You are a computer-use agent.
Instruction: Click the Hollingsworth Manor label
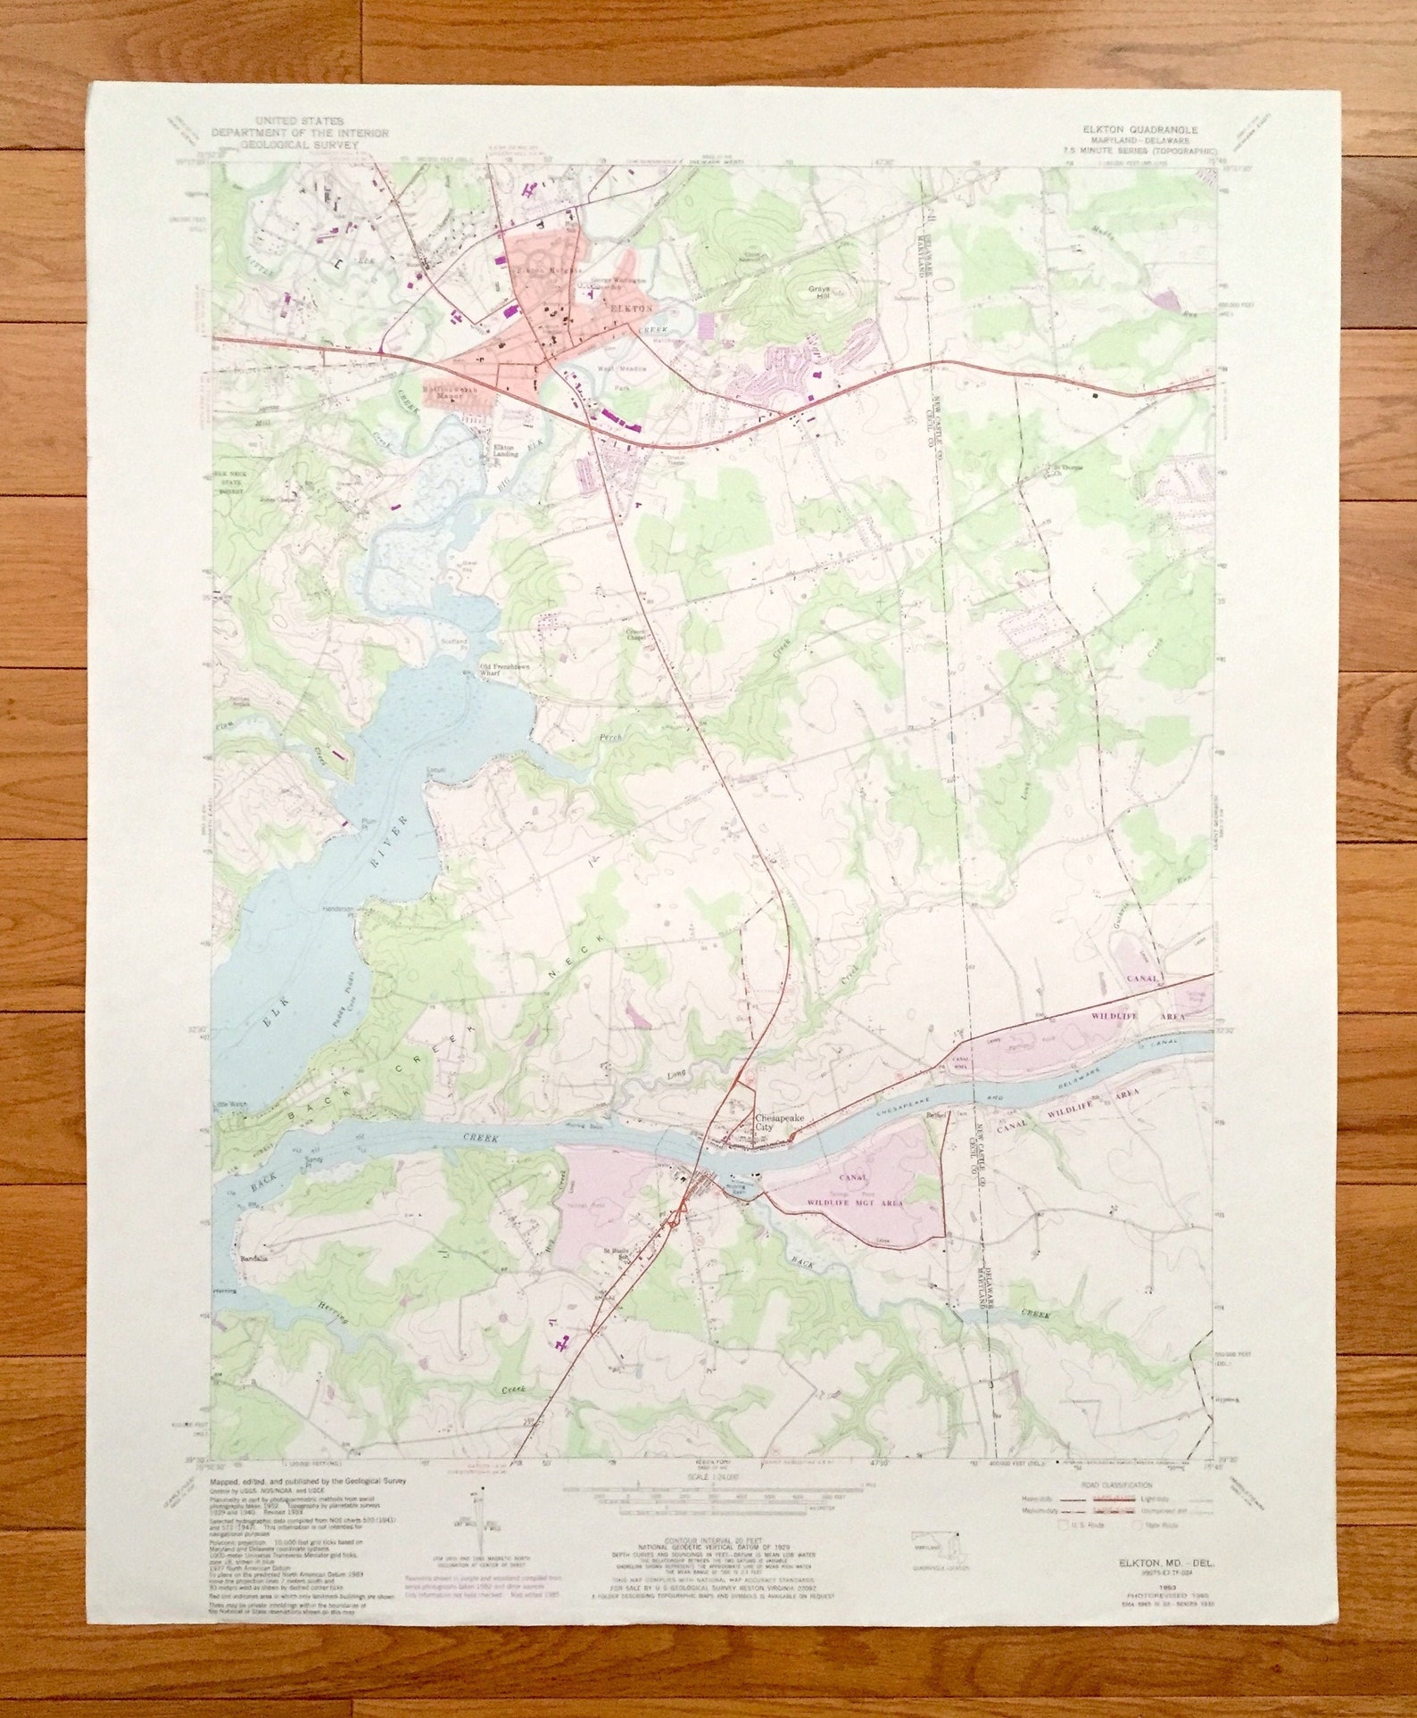tap(457, 391)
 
